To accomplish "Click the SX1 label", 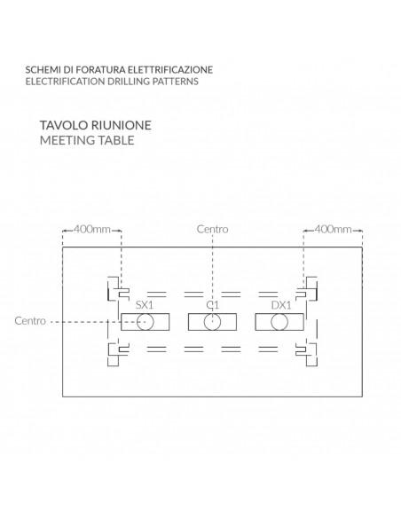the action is pyautogui.click(x=145, y=305).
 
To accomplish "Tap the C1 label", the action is pyautogui.click(x=212, y=305).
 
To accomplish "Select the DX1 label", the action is pyautogui.click(x=281, y=305).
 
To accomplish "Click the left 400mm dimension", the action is pyautogui.click(x=92, y=229).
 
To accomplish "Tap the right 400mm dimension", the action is pyautogui.click(x=333, y=229).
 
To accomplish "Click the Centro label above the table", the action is pyautogui.click(x=212, y=229).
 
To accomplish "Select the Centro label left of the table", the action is pyautogui.click(x=30, y=321).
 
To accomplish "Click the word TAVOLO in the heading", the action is pyautogui.click(x=64, y=125).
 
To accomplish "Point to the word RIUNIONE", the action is pyautogui.click(x=121, y=125).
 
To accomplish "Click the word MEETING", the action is pyautogui.click(x=63, y=140).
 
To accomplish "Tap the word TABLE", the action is pyautogui.click(x=113, y=140).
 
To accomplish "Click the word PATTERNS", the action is pyautogui.click(x=175, y=82).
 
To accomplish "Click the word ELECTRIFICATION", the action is pyautogui.click(x=66, y=82).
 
